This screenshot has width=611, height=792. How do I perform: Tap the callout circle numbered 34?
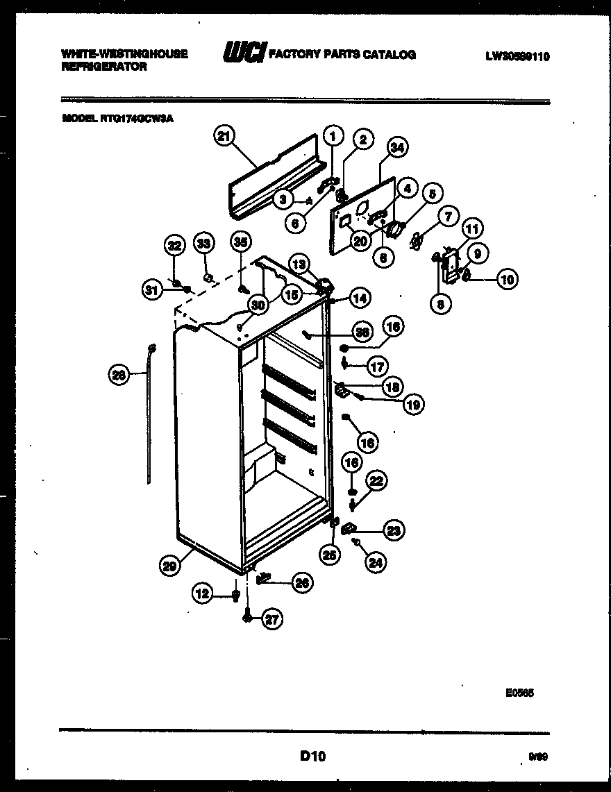396,146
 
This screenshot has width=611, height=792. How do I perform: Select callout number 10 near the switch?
508,280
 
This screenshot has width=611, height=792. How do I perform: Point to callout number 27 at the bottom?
271,621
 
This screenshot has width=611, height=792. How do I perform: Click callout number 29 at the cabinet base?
169,566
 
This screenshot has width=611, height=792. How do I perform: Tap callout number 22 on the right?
377,480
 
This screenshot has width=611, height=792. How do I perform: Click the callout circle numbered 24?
376,564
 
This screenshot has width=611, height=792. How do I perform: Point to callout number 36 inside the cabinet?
360,332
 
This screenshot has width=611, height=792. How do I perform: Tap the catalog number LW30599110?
517,57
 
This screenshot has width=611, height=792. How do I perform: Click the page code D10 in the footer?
313,755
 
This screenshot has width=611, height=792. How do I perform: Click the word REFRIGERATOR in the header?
104,67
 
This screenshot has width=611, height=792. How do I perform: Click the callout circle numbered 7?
448,217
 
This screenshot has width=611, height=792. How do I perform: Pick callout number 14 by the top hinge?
358,298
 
